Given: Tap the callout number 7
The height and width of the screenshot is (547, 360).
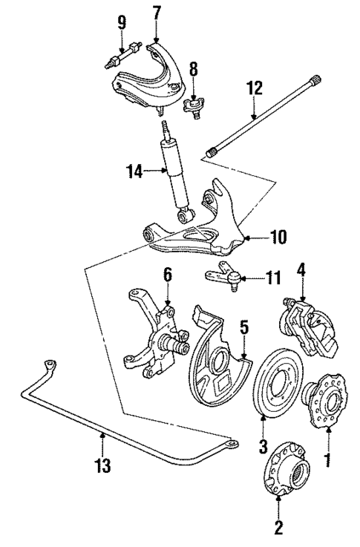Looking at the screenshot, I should (x=156, y=13).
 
